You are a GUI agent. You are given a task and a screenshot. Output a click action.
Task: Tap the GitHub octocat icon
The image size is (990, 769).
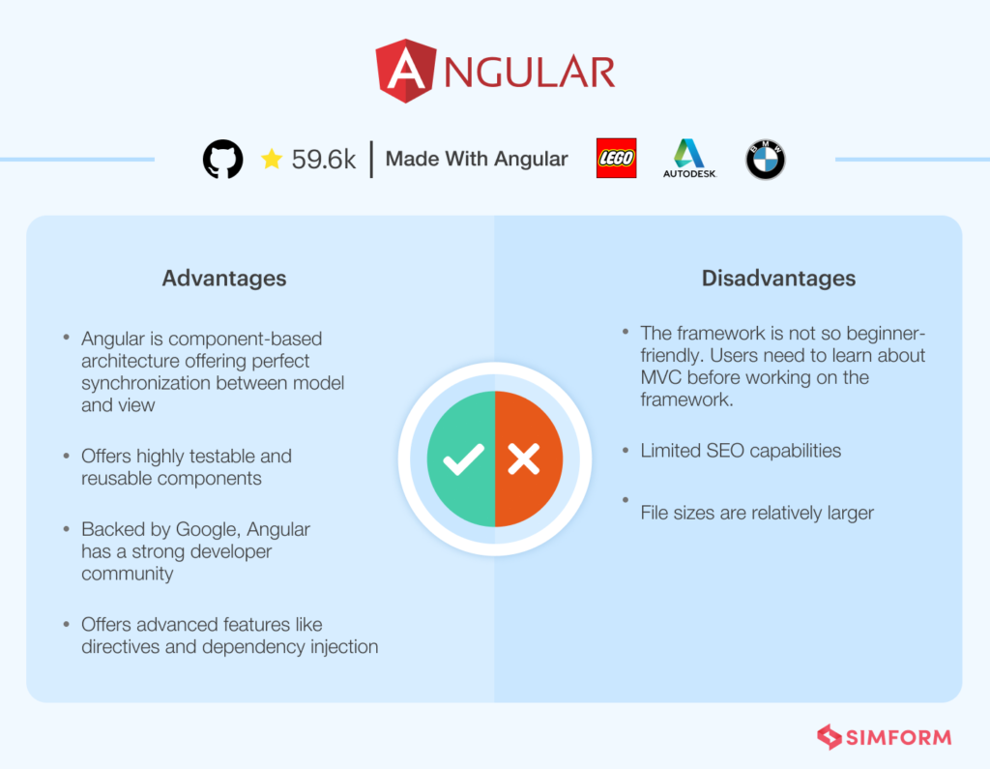pos(223,160)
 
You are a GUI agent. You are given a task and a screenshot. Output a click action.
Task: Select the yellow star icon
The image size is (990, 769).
pos(272,160)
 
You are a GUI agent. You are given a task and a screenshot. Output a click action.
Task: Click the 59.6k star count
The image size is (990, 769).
pos(324,160)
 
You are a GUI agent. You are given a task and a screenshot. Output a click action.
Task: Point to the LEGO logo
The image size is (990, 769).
pos(617,159)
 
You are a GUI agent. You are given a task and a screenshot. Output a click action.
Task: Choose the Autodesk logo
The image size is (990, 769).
pos(689,159)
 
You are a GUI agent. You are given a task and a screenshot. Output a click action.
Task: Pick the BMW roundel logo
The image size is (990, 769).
pos(766,160)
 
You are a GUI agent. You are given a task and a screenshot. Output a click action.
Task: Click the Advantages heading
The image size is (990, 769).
pos(224,279)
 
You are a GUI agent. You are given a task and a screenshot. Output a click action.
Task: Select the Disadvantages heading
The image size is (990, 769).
pos(778,279)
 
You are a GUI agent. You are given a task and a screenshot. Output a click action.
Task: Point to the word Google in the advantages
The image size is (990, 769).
pos(208,529)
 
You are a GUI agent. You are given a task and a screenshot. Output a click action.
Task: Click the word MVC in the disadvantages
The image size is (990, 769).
pos(661,377)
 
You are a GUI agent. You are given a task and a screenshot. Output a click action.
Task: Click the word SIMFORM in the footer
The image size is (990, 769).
pos(899,737)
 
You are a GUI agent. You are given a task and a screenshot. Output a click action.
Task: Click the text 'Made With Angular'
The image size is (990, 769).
pos(477,160)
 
